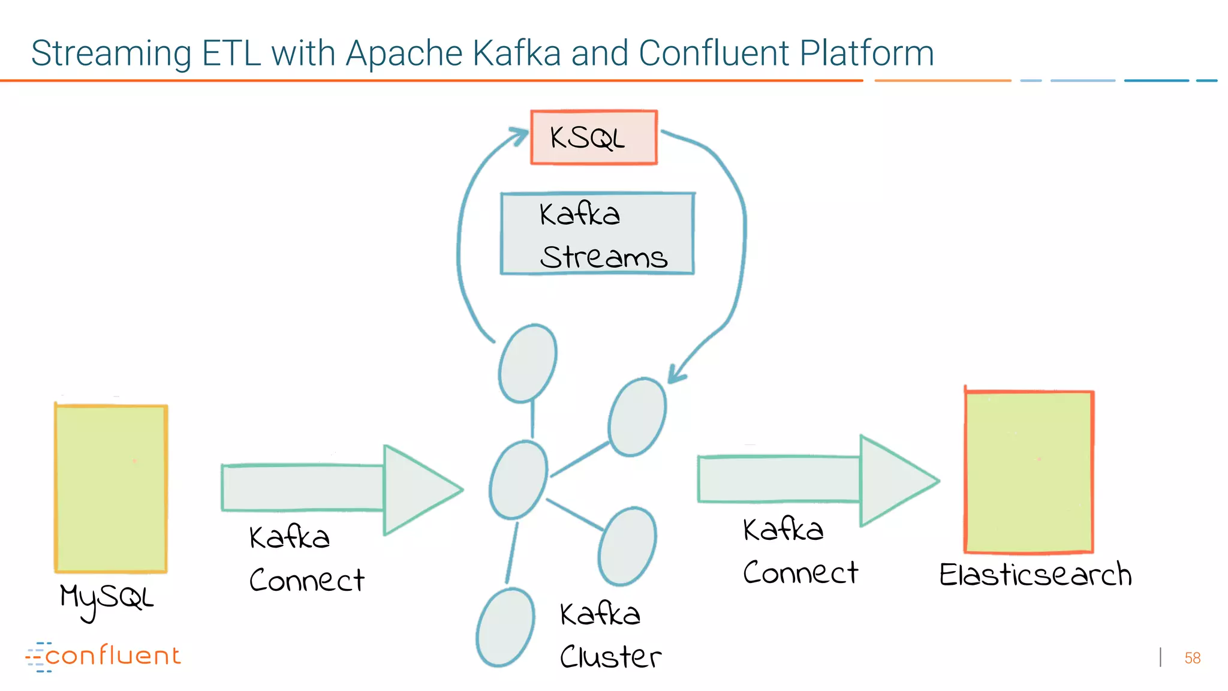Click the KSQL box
tap(594, 137)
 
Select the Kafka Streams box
tap(597, 234)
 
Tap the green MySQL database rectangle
tap(111, 489)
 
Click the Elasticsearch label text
tap(1035, 575)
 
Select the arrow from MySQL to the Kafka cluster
tap(342, 489)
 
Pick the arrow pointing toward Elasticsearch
tap(818, 480)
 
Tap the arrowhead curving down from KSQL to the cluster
tap(676, 375)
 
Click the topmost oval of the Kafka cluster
tap(528, 363)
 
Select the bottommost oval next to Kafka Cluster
tap(505, 627)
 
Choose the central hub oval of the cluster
tap(518, 480)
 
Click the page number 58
tap(1192, 658)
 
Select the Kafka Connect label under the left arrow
tap(306, 559)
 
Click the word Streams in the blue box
tap(603, 257)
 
